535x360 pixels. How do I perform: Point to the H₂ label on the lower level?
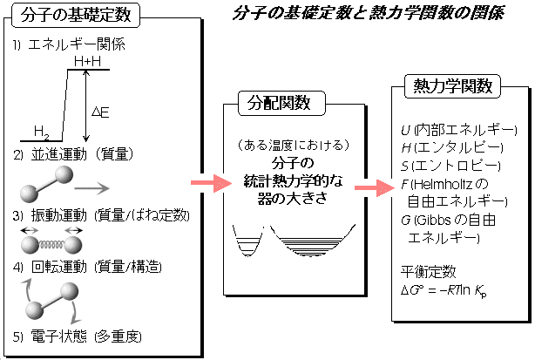tap(41, 132)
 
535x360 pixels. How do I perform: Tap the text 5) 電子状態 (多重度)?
tap(78, 336)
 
